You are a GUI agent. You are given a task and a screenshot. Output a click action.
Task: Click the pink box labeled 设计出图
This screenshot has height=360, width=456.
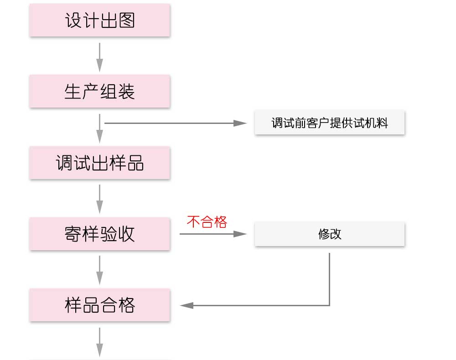(99, 21)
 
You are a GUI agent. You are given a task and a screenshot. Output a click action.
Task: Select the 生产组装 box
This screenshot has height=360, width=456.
(99, 92)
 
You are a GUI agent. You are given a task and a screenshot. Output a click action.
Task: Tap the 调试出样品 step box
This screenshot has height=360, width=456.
(99, 163)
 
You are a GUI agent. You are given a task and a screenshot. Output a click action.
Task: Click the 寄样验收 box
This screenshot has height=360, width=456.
(99, 234)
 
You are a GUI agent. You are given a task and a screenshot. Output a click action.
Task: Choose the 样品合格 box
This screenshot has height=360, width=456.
(99, 305)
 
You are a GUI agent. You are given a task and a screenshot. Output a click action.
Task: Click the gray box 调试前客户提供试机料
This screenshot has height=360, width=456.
(329, 123)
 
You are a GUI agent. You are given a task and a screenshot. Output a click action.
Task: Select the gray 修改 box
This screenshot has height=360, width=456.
(329, 234)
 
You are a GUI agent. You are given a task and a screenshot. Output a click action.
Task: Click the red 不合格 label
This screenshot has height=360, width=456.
(207, 222)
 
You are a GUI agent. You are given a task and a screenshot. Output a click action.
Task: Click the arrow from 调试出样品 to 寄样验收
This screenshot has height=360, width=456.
(99, 198)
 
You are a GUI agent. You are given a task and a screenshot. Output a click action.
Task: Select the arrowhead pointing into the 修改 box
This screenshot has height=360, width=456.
(240, 234)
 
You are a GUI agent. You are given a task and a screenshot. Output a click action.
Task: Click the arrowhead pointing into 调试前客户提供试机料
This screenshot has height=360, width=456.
(240, 123)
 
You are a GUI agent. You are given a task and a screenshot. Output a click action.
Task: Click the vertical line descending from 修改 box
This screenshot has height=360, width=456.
(329, 278)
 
